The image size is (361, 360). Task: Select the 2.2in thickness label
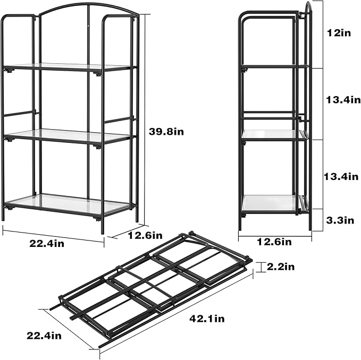(281, 267)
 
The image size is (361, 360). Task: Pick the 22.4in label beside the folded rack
(45, 335)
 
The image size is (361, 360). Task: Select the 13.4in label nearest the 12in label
(342, 100)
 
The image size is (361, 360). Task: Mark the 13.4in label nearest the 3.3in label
(342, 176)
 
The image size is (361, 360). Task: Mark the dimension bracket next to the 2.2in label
(260, 267)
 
